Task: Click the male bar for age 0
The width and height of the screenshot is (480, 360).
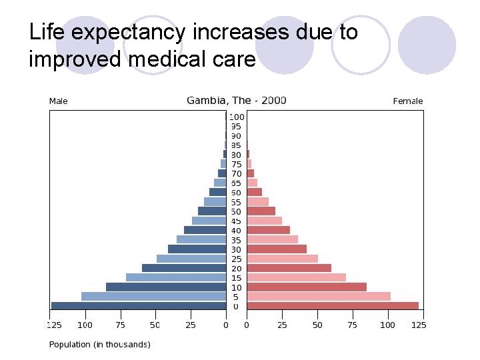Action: [139, 306]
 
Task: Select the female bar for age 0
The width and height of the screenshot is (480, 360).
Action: [333, 306]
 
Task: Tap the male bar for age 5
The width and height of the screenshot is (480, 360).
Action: [153, 297]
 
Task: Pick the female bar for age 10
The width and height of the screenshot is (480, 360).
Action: [307, 287]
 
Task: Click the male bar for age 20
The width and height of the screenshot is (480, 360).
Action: [184, 268]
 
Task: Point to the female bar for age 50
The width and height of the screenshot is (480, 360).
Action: [261, 211]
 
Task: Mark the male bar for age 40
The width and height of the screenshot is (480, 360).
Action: [205, 230]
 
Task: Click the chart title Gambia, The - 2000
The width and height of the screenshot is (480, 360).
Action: [236, 101]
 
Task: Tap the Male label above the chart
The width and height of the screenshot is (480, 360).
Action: [59, 101]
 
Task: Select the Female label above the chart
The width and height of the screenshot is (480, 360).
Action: [408, 101]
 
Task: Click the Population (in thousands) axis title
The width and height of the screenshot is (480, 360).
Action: [100, 344]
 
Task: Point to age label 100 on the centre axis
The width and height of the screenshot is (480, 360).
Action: [237, 117]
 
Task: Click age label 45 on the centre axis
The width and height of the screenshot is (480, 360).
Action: [237, 221]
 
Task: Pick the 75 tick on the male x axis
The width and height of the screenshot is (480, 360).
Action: [120, 325]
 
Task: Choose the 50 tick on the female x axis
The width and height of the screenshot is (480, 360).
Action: [317, 325]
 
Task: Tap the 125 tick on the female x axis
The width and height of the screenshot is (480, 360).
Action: [419, 325]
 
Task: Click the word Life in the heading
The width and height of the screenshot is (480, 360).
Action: [48, 31]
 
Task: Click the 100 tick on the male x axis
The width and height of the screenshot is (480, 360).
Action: [85, 325]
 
